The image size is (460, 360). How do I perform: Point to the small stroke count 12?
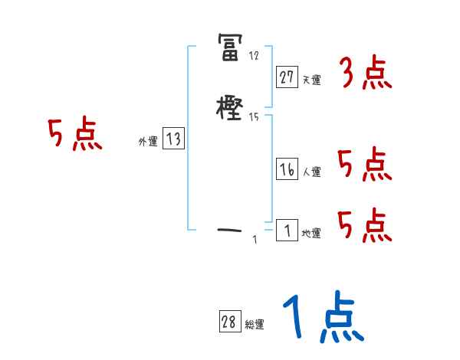coord(255,56)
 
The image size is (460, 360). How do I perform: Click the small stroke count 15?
coord(255,116)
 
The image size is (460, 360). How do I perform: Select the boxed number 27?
coord(287,77)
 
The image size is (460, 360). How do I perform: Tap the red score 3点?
coord(365,74)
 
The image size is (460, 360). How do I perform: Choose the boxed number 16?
coord(287,170)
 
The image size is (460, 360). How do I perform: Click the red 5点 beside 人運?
coord(365,165)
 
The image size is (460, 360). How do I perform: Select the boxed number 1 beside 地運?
coord(287,230)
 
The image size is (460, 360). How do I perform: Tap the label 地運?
coord(311,233)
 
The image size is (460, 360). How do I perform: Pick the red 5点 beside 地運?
coord(365,225)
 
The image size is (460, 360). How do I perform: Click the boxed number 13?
coord(173,139)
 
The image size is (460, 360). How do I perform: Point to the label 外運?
coord(148,142)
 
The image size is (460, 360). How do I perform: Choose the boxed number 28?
coord(228,322)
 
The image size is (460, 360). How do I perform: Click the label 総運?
coord(254,325)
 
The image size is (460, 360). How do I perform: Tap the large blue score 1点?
coord(322,318)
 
